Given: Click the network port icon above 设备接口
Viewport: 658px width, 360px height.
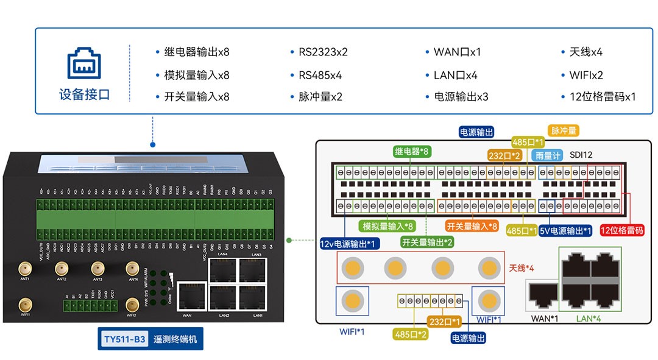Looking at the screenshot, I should (x=84, y=63).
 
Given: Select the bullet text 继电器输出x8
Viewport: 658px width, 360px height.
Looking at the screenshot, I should (x=197, y=52).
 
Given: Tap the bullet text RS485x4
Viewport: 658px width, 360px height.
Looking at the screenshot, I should (x=320, y=76).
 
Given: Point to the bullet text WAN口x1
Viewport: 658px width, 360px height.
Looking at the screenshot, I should (x=457, y=52).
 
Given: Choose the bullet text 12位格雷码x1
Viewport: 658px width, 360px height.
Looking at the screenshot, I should (x=603, y=96).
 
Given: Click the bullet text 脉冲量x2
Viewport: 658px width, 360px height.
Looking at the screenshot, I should (x=320, y=96).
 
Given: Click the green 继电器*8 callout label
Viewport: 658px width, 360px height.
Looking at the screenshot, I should (x=412, y=151).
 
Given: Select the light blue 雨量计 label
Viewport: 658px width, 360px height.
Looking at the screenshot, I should (x=546, y=155).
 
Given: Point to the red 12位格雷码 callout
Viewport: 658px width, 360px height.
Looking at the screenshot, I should (x=621, y=230).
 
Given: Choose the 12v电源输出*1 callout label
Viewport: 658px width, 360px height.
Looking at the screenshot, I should (x=350, y=244).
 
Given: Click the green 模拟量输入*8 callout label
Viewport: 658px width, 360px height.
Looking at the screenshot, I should (x=388, y=226).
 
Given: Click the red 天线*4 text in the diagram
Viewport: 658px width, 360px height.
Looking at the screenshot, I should (x=522, y=267).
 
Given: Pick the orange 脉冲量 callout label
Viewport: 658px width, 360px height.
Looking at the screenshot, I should (x=564, y=130).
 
